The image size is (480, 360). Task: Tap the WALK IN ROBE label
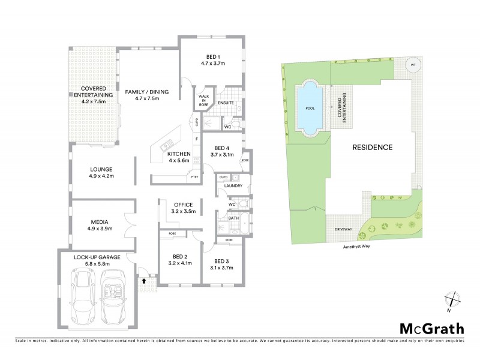pos(203,101)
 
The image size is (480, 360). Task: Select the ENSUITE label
pos(226,103)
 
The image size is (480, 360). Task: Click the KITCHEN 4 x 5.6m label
pos(179,157)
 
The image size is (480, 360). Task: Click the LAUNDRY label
pos(233,186)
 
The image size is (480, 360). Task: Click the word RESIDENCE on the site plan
pos(372,147)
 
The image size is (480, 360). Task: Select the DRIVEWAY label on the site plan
pos(339,230)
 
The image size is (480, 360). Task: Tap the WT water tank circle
pos(412,65)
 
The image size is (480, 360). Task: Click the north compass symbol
pos(452,299)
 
